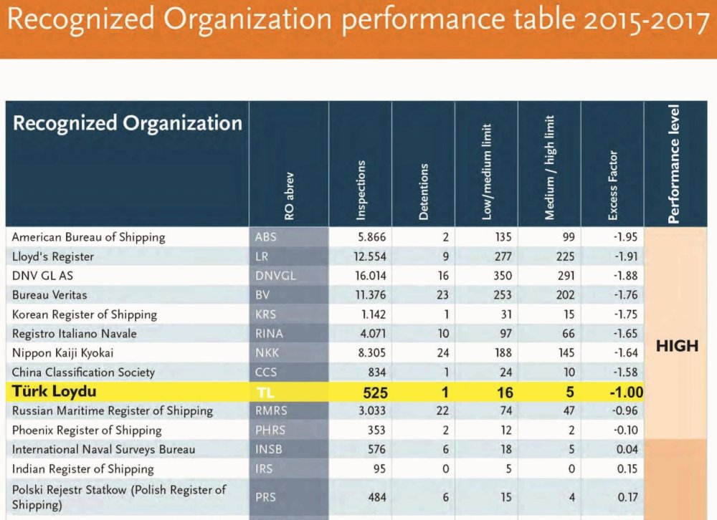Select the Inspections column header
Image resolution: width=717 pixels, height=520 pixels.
coord(361,189)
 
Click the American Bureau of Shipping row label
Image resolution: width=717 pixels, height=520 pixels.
coord(88,237)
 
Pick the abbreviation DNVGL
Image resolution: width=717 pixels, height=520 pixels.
coord(275,276)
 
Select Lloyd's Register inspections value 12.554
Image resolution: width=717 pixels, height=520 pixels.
coord(366,256)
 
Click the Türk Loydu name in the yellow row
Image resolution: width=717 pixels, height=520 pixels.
coord(54,392)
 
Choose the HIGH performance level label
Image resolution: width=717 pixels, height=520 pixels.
coord(677,346)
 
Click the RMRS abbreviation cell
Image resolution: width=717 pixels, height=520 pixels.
coord(270,411)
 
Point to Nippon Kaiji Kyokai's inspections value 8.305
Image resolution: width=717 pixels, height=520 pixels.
coord(369,353)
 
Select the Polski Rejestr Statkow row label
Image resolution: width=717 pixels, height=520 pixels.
coord(118,496)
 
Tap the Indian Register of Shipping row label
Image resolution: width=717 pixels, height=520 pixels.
coord(82,469)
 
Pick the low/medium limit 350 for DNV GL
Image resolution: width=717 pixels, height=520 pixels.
coord(503,276)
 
